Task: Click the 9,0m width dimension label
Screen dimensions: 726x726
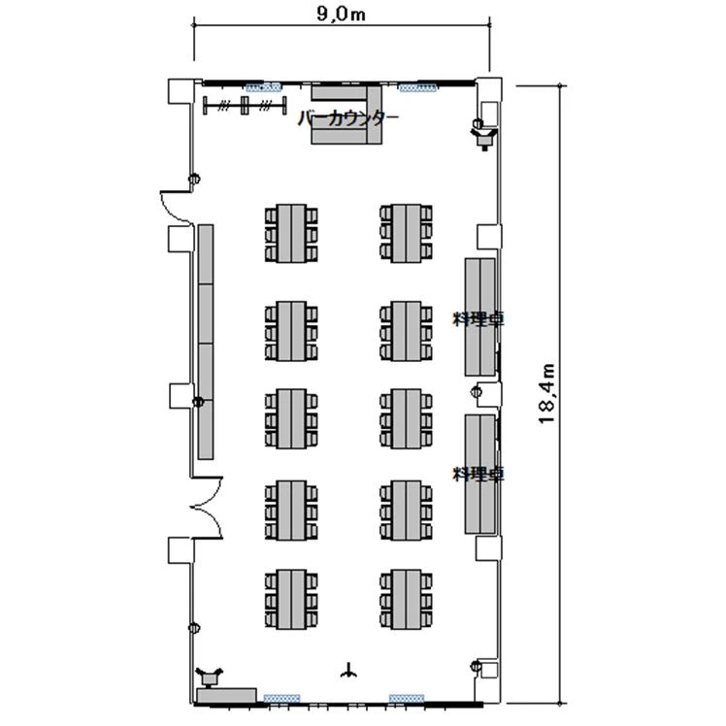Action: (x=342, y=14)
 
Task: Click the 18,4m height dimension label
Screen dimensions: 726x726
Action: (x=546, y=393)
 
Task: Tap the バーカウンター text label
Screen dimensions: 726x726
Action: (x=348, y=118)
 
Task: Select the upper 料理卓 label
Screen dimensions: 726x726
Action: (x=478, y=318)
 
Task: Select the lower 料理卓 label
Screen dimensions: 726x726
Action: (x=478, y=474)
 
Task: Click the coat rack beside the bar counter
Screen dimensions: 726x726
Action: (x=245, y=106)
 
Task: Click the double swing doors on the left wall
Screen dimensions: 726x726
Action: (x=207, y=508)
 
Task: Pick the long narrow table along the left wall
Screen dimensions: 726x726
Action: (x=206, y=342)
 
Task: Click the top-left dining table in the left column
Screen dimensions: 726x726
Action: (x=291, y=233)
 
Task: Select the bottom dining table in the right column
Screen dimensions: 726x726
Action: (x=406, y=600)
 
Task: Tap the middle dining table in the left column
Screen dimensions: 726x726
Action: (x=291, y=418)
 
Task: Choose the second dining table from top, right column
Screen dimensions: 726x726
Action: (x=406, y=331)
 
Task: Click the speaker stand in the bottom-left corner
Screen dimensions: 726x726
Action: (x=210, y=676)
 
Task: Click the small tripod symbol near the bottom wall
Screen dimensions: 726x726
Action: (x=348, y=671)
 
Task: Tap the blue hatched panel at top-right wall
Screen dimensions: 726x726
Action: (x=417, y=87)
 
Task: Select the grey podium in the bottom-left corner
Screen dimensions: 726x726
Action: (x=226, y=696)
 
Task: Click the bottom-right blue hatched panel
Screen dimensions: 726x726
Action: (x=407, y=698)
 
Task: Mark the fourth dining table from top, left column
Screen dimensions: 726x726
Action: (x=291, y=511)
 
